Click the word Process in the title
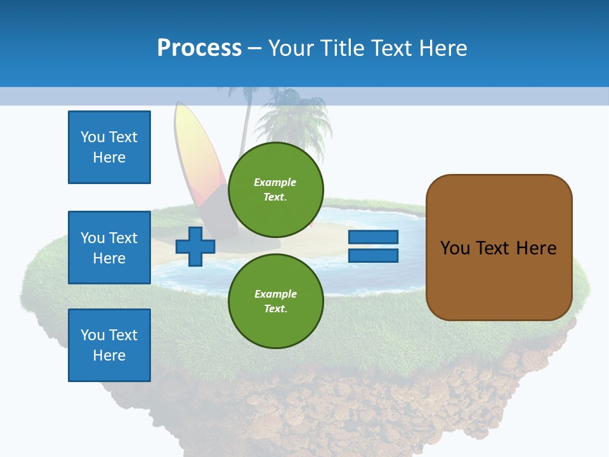tap(199, 48)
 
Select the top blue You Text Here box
tap(109, 147)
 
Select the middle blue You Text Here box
tap(109, 248)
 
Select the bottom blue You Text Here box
tap(109, 345)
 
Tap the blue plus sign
tap(195, 246)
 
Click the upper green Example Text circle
tap(276, 189)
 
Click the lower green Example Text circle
tap(276, 301)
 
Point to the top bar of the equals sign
tap(374, 237)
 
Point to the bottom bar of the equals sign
tap(374, 256)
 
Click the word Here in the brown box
tap(536, 248)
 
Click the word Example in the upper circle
tap(275, 182)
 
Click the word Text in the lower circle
tap(275, 309)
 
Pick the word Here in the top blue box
tap(109, 157)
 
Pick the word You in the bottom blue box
tap(93, 335)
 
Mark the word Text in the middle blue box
tap(123, 238)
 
